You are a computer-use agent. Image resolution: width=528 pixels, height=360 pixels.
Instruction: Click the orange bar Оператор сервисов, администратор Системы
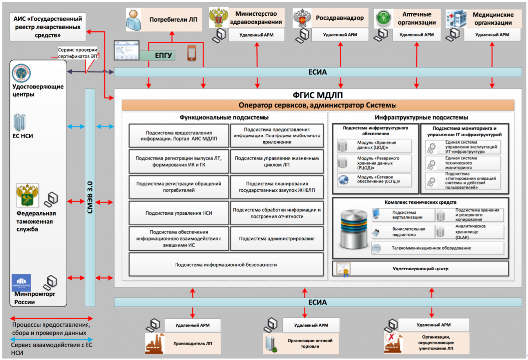coord(317,105)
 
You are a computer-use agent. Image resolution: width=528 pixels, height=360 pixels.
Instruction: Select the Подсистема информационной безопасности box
coord(225,265)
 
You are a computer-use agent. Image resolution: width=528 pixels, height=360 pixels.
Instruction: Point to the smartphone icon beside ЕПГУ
coord(192,53)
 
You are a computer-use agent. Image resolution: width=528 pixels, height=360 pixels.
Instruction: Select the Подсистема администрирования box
coord(277,239)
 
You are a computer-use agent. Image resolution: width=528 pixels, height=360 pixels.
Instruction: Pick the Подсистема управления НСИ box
coord(178,213)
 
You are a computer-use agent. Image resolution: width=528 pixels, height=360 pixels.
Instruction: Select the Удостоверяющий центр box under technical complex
coord(420,269)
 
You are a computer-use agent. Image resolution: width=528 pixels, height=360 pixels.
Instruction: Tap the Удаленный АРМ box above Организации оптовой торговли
coord(311,325)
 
